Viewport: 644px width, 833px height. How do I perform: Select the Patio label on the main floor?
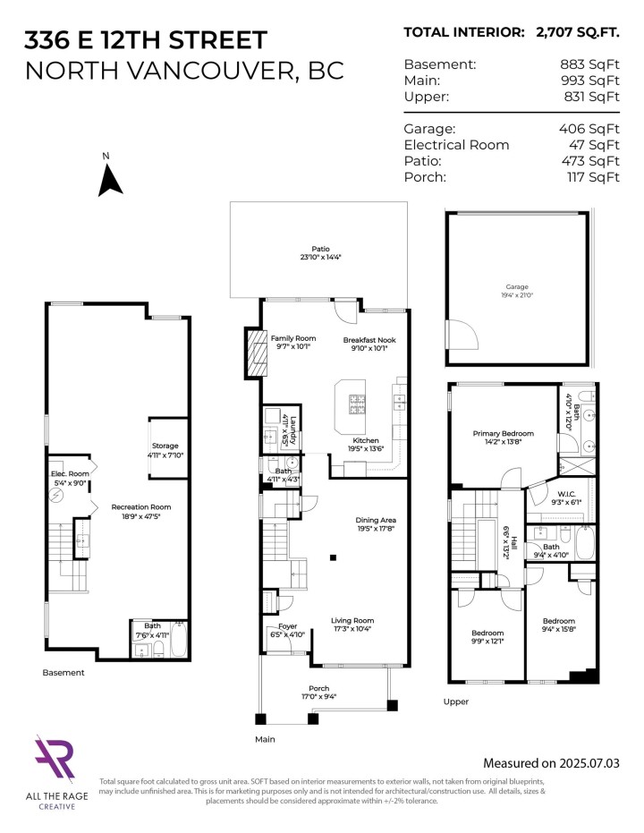pyautogui.click(x=320, y=250)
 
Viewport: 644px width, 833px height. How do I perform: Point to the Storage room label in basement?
pyautogui.click(x=165, y=446)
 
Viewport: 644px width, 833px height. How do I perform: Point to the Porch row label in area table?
pyautogui.click(x=424, y=177)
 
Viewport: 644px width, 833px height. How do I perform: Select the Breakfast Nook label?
pyautogui.click(x=369, y=340)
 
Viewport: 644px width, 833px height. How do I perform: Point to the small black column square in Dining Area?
pyautogui.click(x=333, y=558)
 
